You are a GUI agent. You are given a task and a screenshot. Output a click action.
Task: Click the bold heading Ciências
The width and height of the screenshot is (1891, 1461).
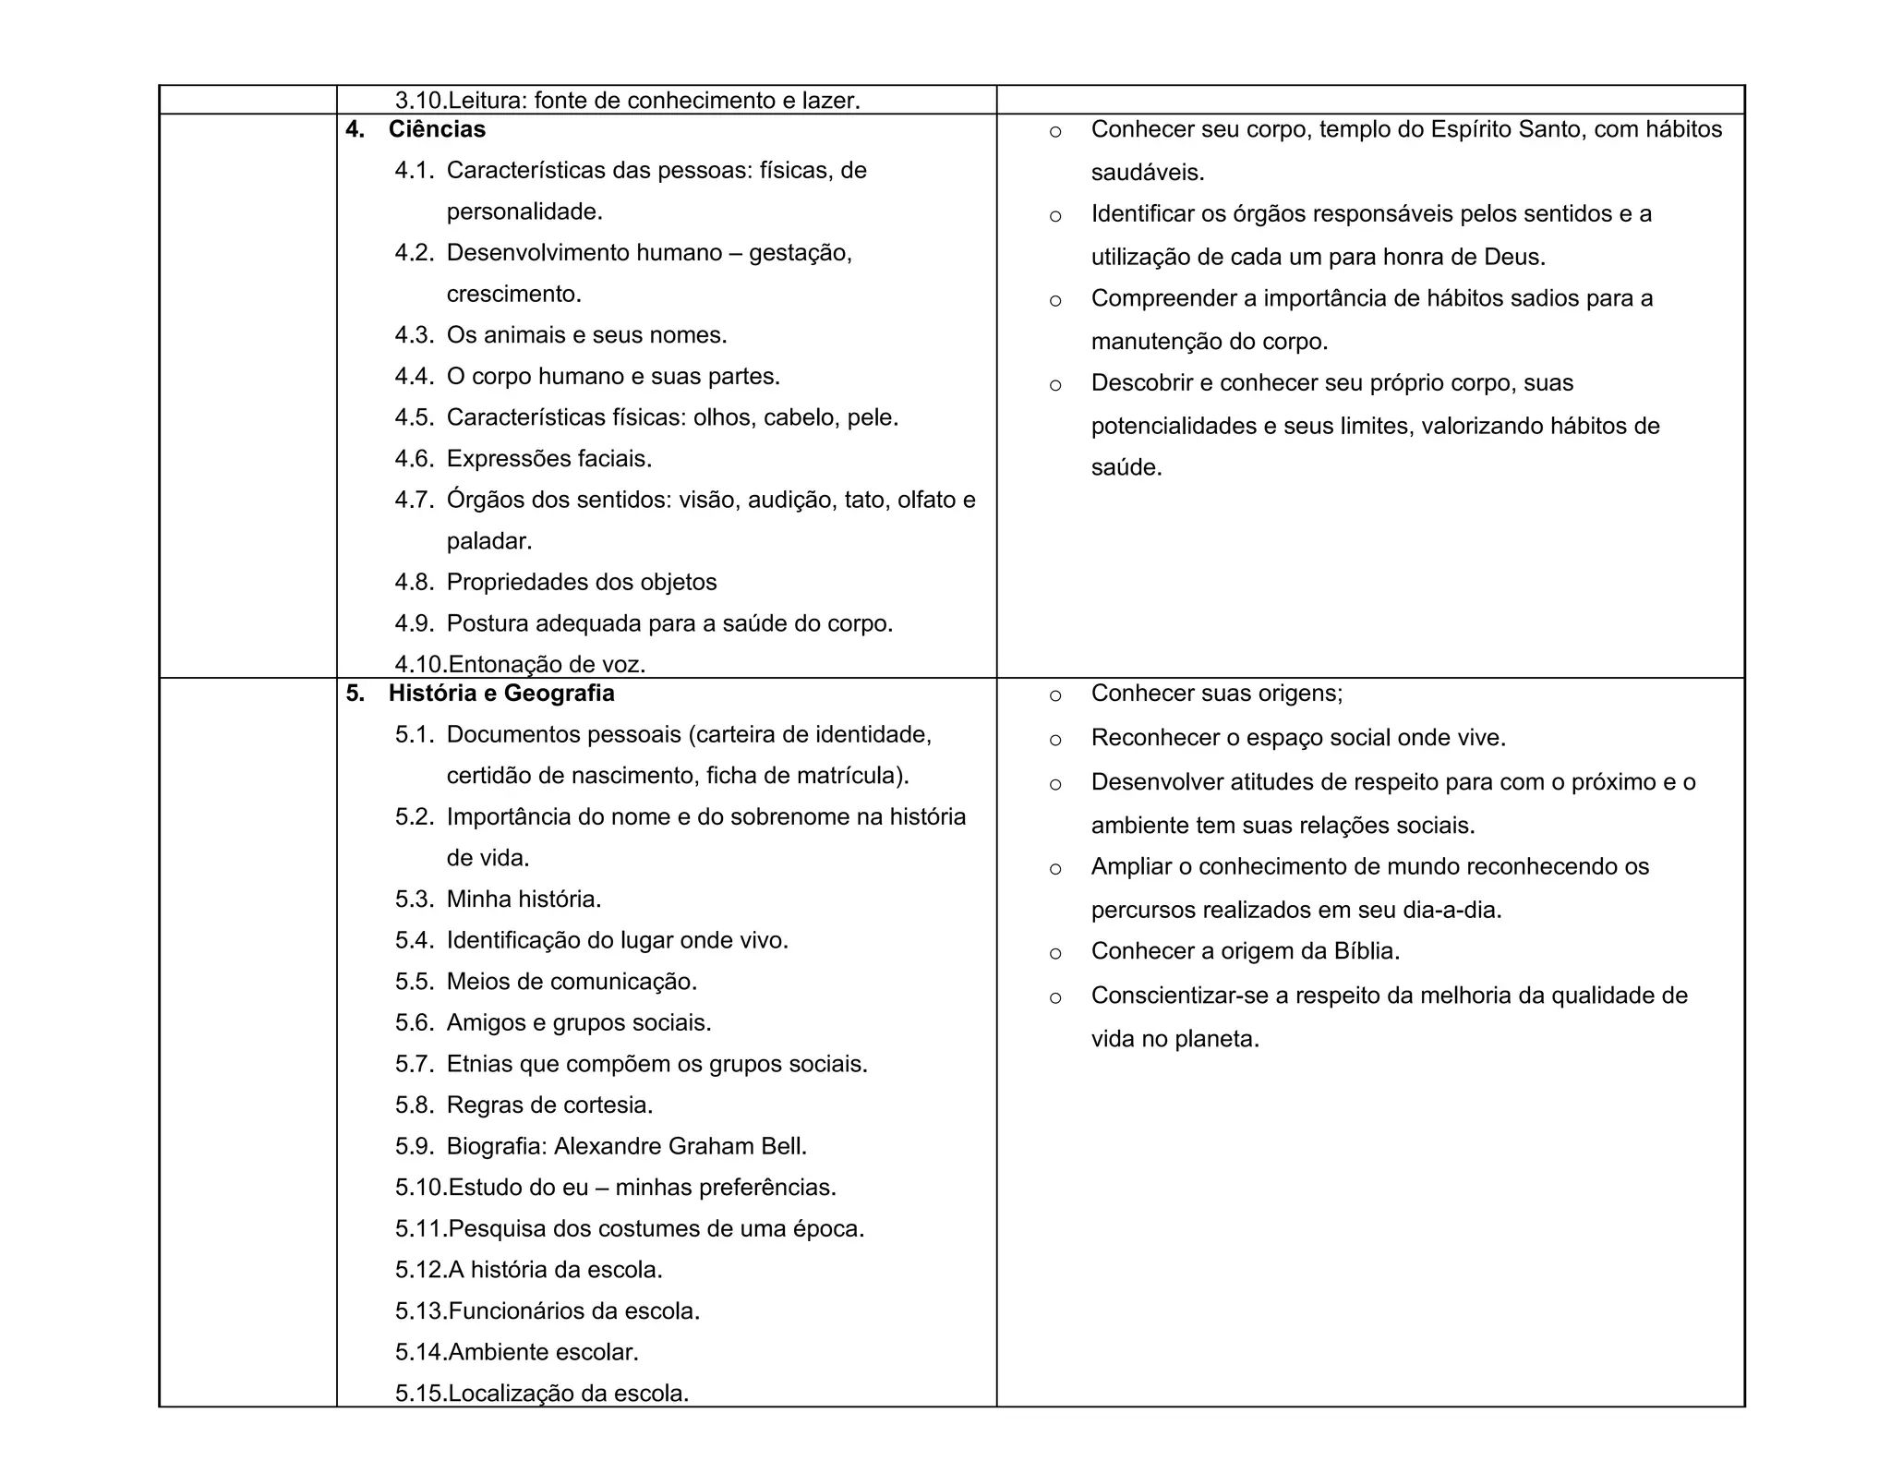coord(437,129)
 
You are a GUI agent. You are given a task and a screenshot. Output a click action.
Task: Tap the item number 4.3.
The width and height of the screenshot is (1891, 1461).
coord(415,335)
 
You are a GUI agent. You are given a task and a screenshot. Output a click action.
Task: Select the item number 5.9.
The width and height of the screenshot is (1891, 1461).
coord(415,1146)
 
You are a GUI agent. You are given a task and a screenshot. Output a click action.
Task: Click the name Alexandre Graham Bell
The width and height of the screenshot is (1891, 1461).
coord(680,1146)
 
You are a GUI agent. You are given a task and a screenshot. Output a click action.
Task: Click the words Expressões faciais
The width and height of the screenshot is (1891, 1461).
coord(549,459)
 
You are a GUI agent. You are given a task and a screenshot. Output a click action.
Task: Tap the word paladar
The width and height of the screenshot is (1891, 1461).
coord(488,541)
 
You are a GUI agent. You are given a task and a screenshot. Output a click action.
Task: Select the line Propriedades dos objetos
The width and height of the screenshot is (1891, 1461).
coord(582,583)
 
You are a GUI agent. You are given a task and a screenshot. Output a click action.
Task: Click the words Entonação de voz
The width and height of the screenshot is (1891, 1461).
coord(547,664)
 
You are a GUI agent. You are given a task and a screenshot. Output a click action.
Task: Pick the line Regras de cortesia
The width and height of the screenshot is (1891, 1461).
coord(549,1105)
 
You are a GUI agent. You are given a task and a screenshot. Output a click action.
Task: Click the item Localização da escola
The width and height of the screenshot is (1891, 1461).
coord(569,1394)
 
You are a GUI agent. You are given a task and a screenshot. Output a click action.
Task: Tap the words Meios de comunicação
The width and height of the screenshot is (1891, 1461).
coord(572,982)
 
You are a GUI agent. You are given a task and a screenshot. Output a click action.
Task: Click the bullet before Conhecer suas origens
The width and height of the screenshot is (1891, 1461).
coord(1055,695)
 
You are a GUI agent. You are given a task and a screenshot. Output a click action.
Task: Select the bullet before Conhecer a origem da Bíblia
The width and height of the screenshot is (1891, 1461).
coord(1055,953)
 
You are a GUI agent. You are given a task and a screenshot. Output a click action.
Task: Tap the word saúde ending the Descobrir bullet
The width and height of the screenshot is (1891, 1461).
coord(1126,467)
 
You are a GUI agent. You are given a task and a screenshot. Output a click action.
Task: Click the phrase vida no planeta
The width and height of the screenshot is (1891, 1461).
coord(1174,1039)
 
